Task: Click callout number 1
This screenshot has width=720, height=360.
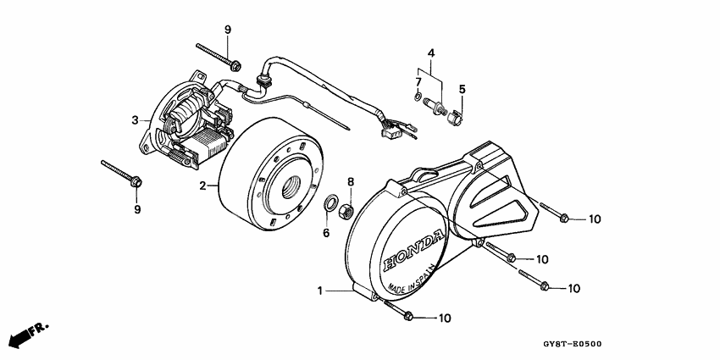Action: [x=320, y=291]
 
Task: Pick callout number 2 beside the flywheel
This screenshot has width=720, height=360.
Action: [x=202, y=186]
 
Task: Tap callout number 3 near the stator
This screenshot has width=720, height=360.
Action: [x=134, y=120]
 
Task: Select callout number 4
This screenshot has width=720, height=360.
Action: [x=431, y=53]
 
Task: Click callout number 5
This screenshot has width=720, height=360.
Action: [x=462, y=89]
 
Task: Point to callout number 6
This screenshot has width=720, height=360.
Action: [x=326, y=233]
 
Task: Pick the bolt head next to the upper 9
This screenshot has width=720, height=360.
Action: [x=235, y=64]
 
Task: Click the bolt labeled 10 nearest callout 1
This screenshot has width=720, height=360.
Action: [x=407, y=317]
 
